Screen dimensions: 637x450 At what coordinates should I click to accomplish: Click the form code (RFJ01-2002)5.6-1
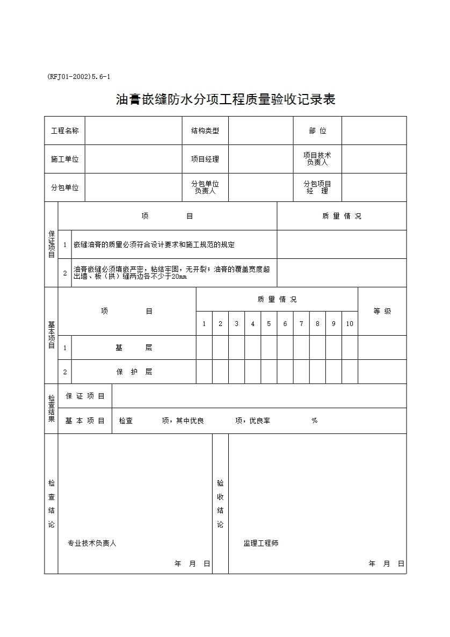(79, 77)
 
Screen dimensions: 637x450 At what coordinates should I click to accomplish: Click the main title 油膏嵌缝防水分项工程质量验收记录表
(226, 99)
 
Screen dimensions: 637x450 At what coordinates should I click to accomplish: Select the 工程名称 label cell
(64, 131)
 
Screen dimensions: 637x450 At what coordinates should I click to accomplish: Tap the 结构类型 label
(205, 131)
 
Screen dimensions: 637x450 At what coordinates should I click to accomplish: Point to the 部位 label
(317, 131)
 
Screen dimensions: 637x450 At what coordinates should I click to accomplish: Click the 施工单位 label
(64, 159)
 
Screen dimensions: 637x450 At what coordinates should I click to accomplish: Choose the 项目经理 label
(205, 159)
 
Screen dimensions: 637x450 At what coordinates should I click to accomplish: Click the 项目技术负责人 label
(317, 159)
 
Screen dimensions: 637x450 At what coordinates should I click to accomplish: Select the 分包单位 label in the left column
(64, 187)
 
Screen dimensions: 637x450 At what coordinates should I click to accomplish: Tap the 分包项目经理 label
(317, 187)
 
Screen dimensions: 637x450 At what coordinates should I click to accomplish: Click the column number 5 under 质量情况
(269, 324)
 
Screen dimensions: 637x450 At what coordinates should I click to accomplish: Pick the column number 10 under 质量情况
(350, 324)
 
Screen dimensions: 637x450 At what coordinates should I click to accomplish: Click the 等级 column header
(382, 312)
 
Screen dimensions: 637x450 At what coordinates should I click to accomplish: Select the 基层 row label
(134, 348)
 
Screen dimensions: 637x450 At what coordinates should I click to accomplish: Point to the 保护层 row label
(134, 372)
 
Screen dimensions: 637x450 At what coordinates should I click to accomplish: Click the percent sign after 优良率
(315, 421)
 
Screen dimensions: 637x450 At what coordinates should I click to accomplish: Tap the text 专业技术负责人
(92, 543)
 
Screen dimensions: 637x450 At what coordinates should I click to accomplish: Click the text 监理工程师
(261, 543)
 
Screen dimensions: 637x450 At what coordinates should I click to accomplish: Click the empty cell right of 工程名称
(133, 131)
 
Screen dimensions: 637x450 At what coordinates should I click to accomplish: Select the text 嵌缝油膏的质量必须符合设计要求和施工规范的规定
(154, 244)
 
